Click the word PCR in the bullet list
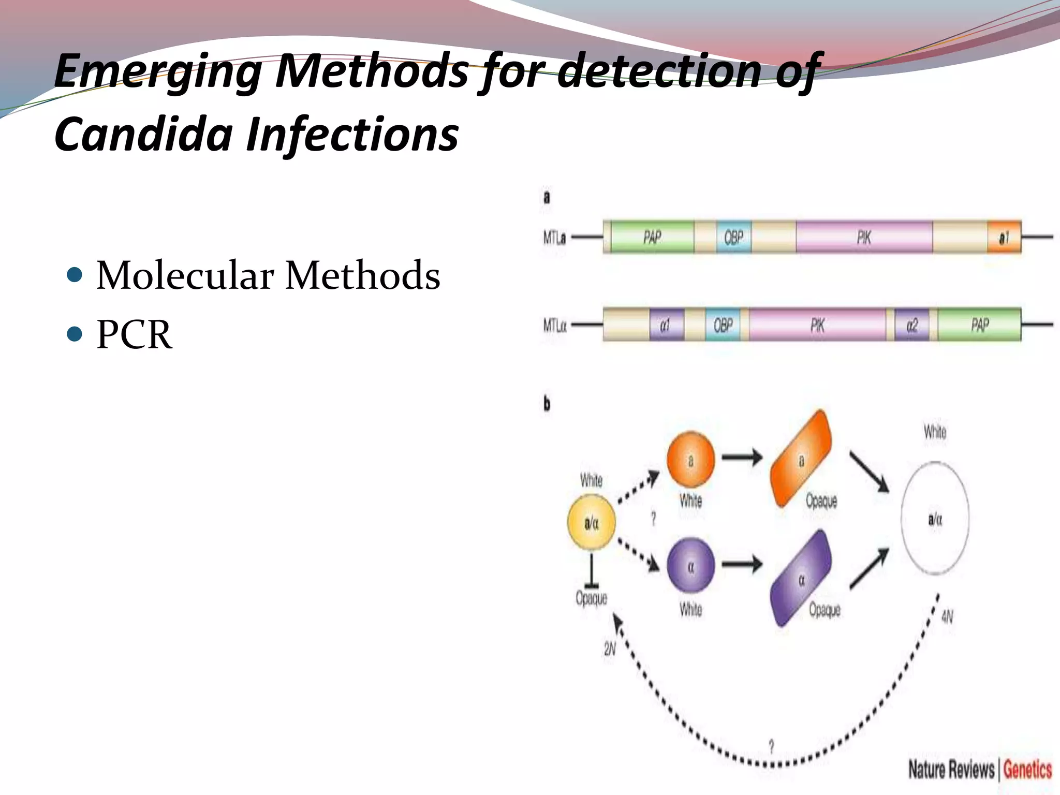(134, 335)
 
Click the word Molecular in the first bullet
(185, 275)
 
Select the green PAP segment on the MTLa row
(652, 237)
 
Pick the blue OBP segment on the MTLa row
(733, 237)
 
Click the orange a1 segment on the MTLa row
(1004, 238)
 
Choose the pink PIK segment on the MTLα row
(817, 325)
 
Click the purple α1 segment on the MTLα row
(666, 325)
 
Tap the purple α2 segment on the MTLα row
(912, 325)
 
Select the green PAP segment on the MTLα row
(979, 325)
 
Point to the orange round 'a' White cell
(690, 460)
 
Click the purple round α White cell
(690, 566)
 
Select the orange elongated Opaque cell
(801, 459)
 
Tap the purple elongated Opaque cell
(801, 579)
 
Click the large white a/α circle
(935, 518)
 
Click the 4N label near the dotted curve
(947, 616)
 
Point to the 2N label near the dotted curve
(610, 649)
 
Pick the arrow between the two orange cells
(742, 457)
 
